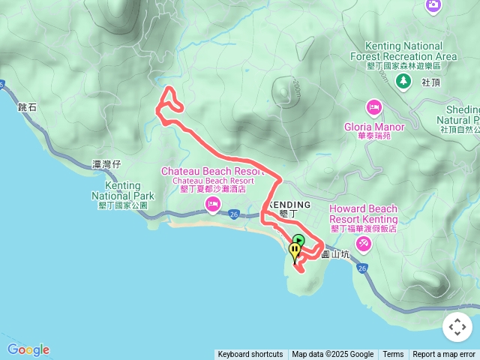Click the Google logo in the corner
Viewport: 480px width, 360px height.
pos(28,349)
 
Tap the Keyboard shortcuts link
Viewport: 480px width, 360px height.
pos(250,355)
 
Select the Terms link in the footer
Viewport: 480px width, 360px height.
pos(393,355)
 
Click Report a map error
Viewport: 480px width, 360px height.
pos(444,355)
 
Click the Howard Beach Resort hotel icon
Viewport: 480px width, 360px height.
pos(364,244)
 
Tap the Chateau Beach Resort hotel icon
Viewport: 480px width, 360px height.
pos(214,205)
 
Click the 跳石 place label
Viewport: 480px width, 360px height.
pos(26,108)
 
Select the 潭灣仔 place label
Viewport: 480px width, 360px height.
pos(106,164)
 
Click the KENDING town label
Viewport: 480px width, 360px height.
pos(289,205)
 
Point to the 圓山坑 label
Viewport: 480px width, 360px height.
pos(335,254)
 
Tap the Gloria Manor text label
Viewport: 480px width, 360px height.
pos(374,127)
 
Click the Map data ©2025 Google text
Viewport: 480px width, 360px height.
pos(332,355)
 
